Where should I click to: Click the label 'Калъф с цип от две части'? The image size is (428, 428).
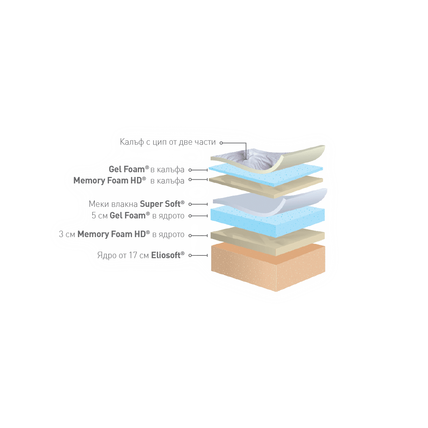click(168, 142)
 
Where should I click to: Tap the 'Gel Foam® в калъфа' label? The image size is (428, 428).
click(146, 169)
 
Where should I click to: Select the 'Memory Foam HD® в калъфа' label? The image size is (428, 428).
click(129, 180)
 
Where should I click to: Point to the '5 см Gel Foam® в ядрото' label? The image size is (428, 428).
click(138, 216)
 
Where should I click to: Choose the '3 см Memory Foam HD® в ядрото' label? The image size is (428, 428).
click(122, 234)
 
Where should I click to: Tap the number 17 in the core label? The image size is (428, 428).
click(133, 255)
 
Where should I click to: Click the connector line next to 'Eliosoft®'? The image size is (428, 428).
click(199, 255)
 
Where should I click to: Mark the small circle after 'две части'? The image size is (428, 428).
click(221, 143)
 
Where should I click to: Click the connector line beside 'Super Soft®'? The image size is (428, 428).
click(199, 204)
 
